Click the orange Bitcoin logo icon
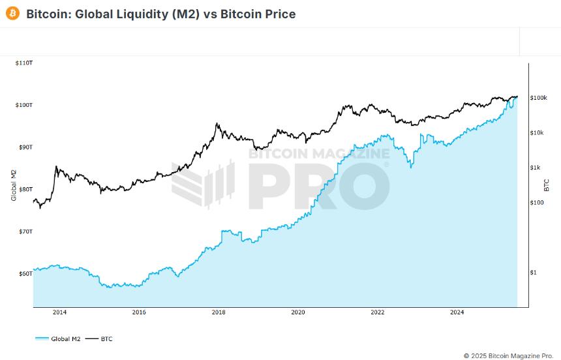point(12,14)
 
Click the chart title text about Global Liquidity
point(160,14)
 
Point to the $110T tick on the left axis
point(23,63)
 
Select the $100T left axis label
point(23,105)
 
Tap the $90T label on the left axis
point(25,147)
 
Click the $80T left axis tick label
point(25,189)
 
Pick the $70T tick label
point(25,232)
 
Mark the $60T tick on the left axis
point(25,274)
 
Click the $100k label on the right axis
point(538,98)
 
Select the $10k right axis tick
point(537,133)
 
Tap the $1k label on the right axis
point(535,168)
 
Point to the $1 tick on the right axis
point(533,273)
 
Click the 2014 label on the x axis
point(59,312)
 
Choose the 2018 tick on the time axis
point(219,312)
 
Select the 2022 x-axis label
point(378,312)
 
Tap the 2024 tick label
point(457,312)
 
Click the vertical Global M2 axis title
point(14,185)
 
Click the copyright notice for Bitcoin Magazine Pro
point(508,355)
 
